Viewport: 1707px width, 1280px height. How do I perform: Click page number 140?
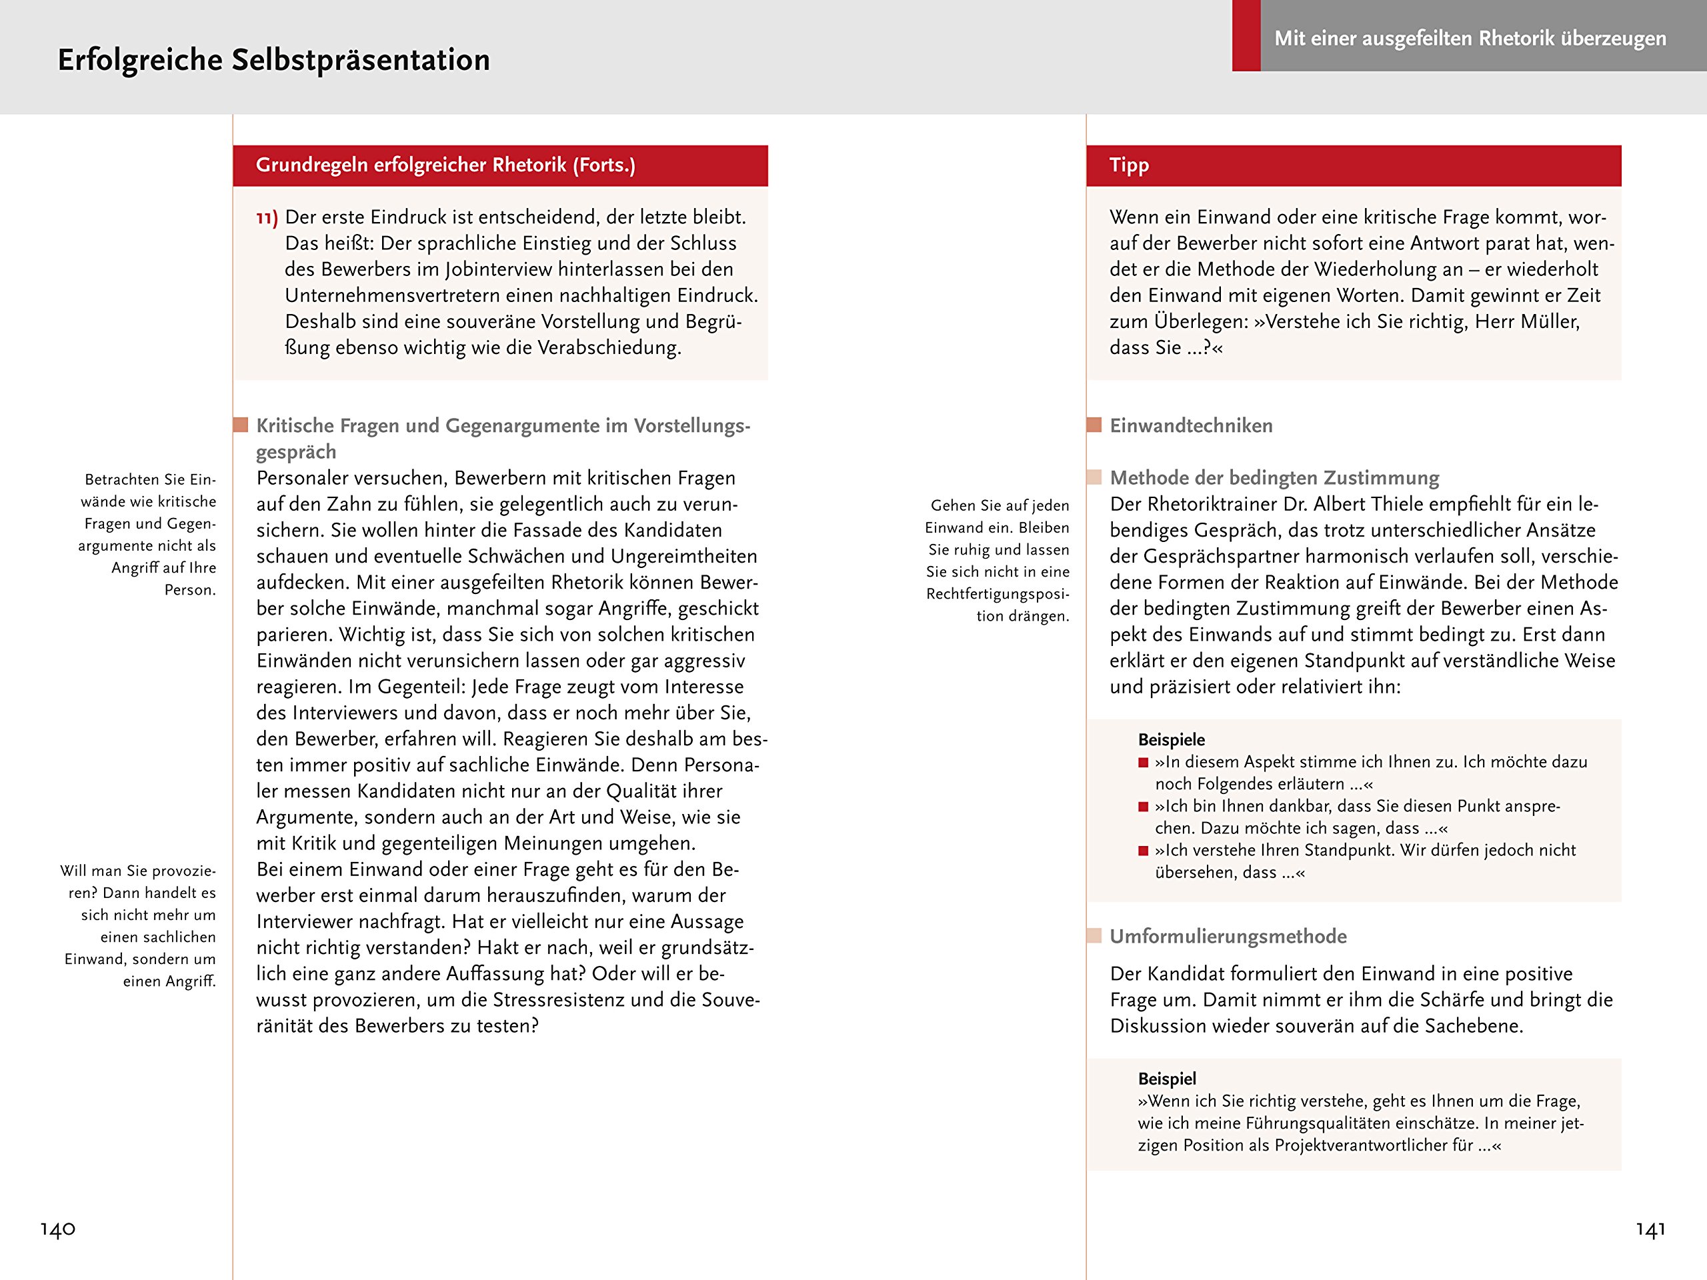(x=58, y=1228)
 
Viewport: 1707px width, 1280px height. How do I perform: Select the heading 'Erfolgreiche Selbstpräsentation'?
(x=274, y=60)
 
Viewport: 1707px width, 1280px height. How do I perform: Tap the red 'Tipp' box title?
(x=1129, y=165)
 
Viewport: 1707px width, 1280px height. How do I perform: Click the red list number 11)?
(x=267, y=219)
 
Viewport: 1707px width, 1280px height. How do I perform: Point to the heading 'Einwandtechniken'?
(x=1191, y=426)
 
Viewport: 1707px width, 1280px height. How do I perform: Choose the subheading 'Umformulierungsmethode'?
(x=1228, y=937)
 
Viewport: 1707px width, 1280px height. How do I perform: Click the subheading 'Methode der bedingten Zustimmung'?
(x=1274, y=479)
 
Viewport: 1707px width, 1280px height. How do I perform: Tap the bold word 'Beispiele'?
(x=1171, y=740)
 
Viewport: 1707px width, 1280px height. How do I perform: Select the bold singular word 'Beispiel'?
(x=1167, y=1079)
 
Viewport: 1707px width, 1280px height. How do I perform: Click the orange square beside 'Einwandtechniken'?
(x=1094, y=425)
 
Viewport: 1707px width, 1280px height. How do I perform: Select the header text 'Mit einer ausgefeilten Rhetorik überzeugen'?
(x=1470, y=39)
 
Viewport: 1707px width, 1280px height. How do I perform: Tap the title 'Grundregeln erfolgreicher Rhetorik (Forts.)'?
(x=445, y=165)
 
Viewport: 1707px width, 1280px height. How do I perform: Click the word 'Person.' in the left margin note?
(x=190, y=590)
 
